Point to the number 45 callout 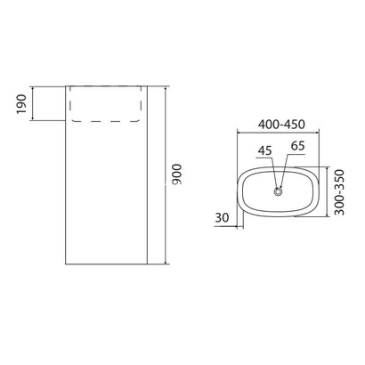(x=264, y=150)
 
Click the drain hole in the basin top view (x=279, y=190)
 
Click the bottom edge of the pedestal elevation (x=107, y=265)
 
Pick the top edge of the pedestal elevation (x=107, y=86)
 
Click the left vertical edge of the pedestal (x=68, y=178)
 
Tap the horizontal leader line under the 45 (x=264, y=158)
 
